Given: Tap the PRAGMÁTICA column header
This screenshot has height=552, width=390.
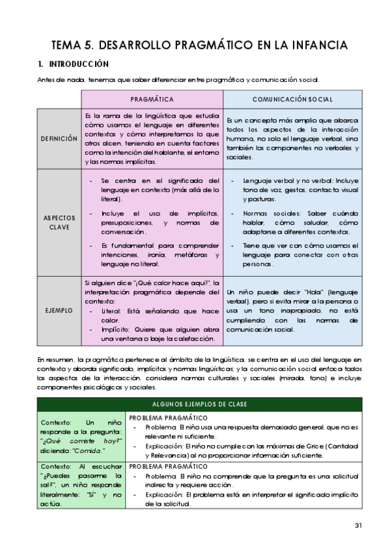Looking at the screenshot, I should coord(152,99).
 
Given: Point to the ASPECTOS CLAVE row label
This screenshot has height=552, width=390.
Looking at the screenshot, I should coord(59,222).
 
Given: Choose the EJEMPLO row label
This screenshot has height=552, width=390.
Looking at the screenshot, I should coord(59,311).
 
